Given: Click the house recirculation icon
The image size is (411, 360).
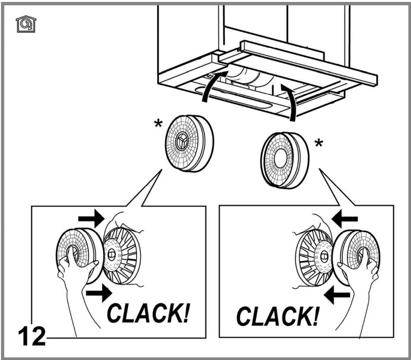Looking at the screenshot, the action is pyautogui.click(x=26, y=24).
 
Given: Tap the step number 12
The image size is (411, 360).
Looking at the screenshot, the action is pyautogui.click(x=32, y=336).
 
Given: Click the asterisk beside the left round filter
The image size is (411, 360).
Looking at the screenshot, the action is pyautogui.click(x=158, y=124).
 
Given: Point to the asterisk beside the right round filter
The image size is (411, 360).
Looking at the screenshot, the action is pyautogui.click(x=319, y=144).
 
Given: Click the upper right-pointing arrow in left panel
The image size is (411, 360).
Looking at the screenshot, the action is pyautogui.click(x=91, y=219).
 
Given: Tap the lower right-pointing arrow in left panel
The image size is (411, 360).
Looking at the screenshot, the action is pyautogui.click(x=99, y=293).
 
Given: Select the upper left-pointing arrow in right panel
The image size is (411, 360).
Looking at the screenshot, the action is pyautogui.click(x=345, y=219).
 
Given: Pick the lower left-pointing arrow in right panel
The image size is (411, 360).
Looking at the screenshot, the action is pyautogui.click(x=337, y=295).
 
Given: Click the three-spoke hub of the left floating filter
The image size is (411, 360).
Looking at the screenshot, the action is pyautogui.click(x=182, y=141).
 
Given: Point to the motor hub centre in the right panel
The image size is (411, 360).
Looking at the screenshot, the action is pyautogui.click(x=324, y=256).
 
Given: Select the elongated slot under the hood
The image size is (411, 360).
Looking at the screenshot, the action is pyautogui.click(x=233, y=96).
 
